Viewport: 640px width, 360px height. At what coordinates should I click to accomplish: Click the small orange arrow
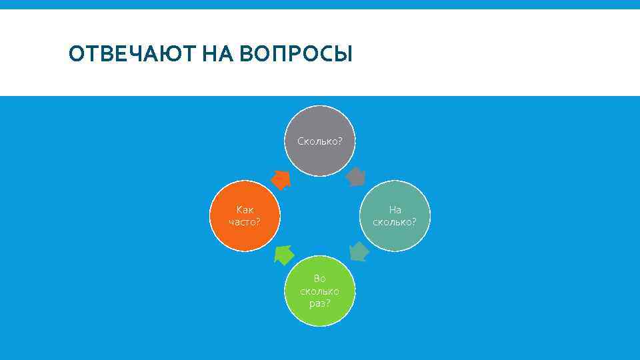pyautogui.click(x=281, y=178)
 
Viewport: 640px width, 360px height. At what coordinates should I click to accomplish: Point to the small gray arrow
pyautogui.click(x=357, y=176)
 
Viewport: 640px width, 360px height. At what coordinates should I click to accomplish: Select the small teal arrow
pyautogui.click(x=359, y=251)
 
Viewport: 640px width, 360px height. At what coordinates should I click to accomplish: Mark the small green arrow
pyautogui.click(x=284, y=254)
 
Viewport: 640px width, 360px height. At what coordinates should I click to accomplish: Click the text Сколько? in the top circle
pyautogui.click(x=319, y=141)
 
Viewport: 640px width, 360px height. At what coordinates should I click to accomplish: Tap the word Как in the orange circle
pyautogui.click(x=245, y=209)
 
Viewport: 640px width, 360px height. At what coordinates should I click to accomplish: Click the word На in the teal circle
pyautogui.click(x=395, y=209)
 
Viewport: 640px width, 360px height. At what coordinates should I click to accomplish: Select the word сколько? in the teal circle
pyautogui.click(x=395, y=221)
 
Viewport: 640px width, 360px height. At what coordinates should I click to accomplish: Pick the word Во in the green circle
pyautogui.click(x=319, y=279)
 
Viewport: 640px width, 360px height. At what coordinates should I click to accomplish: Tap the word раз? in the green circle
pyautogui.click(x=319, y=303)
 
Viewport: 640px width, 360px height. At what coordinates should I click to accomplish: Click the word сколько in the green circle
pyautogui.click(x=319, y=291)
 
